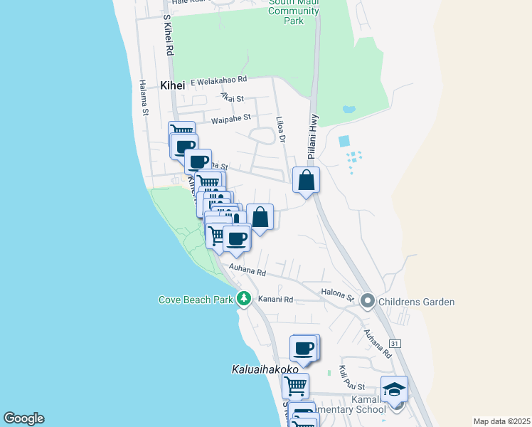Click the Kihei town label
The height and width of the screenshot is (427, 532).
click(x=172, y=85)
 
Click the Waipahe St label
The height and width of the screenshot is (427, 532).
click(x=228, y=117)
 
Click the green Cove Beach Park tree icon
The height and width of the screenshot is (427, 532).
click(x=244, y=299)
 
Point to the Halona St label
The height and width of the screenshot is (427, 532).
click(x=341, y=295)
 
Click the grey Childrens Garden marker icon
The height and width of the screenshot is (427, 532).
click(x=368, y=302)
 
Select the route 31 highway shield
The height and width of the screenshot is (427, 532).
click(x=395, y=344)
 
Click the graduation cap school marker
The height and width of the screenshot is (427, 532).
click(x=394, y=389)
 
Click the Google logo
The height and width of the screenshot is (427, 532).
click(x=23, y=418)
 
